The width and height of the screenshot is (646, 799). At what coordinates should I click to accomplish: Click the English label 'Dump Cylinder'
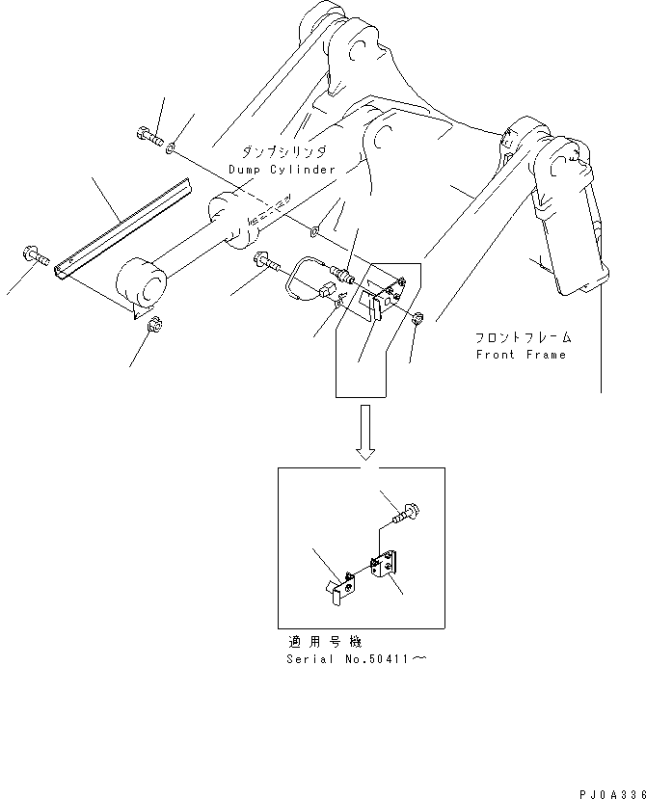click(282, 170)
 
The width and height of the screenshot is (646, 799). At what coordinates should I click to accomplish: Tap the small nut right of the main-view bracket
click(416, 319)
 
